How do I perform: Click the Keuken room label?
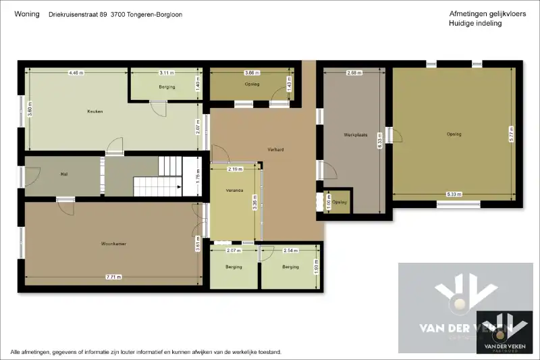tap(94, 111)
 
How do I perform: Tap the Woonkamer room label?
tap(114, 243)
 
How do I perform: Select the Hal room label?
tap(64, 174)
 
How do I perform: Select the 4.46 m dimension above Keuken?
tap(76, 72)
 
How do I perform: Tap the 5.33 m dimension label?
tap(454, 195)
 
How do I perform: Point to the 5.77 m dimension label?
tap(512, 133)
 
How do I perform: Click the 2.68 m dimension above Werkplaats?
tap(354, 72)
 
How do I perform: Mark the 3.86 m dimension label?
tap(251, 72)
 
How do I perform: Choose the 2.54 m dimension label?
tap(291, 251)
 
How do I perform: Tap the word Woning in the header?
tap(26, 14)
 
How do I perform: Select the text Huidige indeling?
tap(475, 24)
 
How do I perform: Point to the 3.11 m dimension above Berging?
tap(167, 72)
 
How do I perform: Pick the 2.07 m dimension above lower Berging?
tap(234, 251)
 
